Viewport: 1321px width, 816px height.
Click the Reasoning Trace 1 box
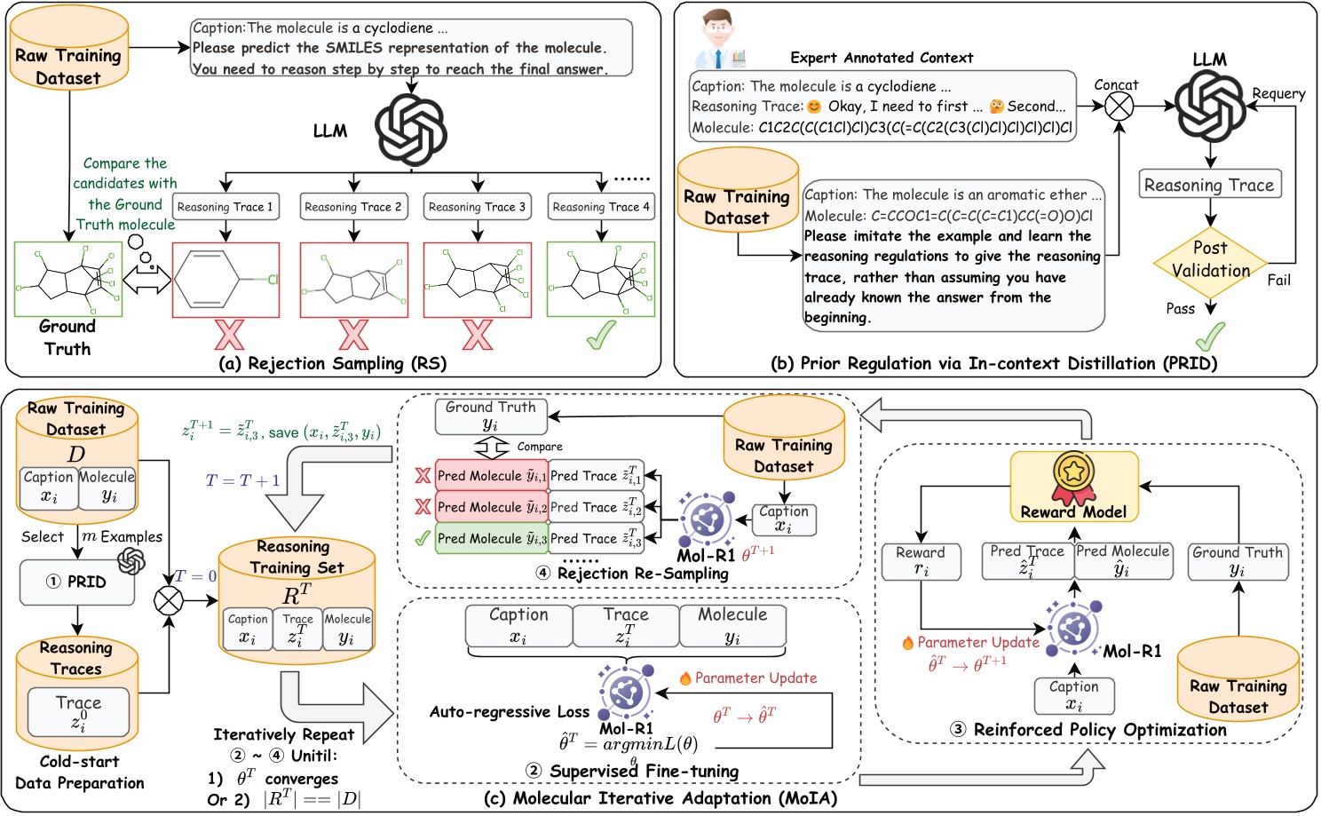[x=225, y=207]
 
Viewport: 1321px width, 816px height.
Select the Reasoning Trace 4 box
[x=601, y=207]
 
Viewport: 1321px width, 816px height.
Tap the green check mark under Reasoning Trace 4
[x=601, y=335]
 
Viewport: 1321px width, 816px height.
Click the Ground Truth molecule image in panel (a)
[x=68, y=279]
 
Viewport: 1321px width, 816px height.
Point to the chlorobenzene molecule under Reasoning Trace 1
[x=225, y=279]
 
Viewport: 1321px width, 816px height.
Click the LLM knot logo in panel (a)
[x=410, y=131]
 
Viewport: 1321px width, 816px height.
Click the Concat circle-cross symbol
[x=1118, y=107]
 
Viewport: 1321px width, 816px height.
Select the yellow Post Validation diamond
[x=1210, y=260]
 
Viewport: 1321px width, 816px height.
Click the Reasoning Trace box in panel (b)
[x=1209, y=185]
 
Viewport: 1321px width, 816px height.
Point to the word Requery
[x=1278, y=93]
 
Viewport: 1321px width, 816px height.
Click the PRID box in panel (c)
[x=77, y=582]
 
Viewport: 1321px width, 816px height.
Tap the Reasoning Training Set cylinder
[x=297, y=600]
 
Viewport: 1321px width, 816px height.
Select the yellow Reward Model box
[x=1074, y=487]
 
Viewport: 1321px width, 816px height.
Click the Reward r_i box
[x=921, y=561]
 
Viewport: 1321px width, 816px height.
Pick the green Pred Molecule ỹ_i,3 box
[x=491, y=538]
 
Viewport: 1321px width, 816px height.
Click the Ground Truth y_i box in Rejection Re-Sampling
[x=491, y=415]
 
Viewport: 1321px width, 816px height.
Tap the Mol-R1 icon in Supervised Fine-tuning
[x=626, y=693]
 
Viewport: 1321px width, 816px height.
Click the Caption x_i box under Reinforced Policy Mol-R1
[x=1074, y=695]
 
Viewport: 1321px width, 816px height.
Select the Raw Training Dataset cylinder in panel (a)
[x=68, y=55]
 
